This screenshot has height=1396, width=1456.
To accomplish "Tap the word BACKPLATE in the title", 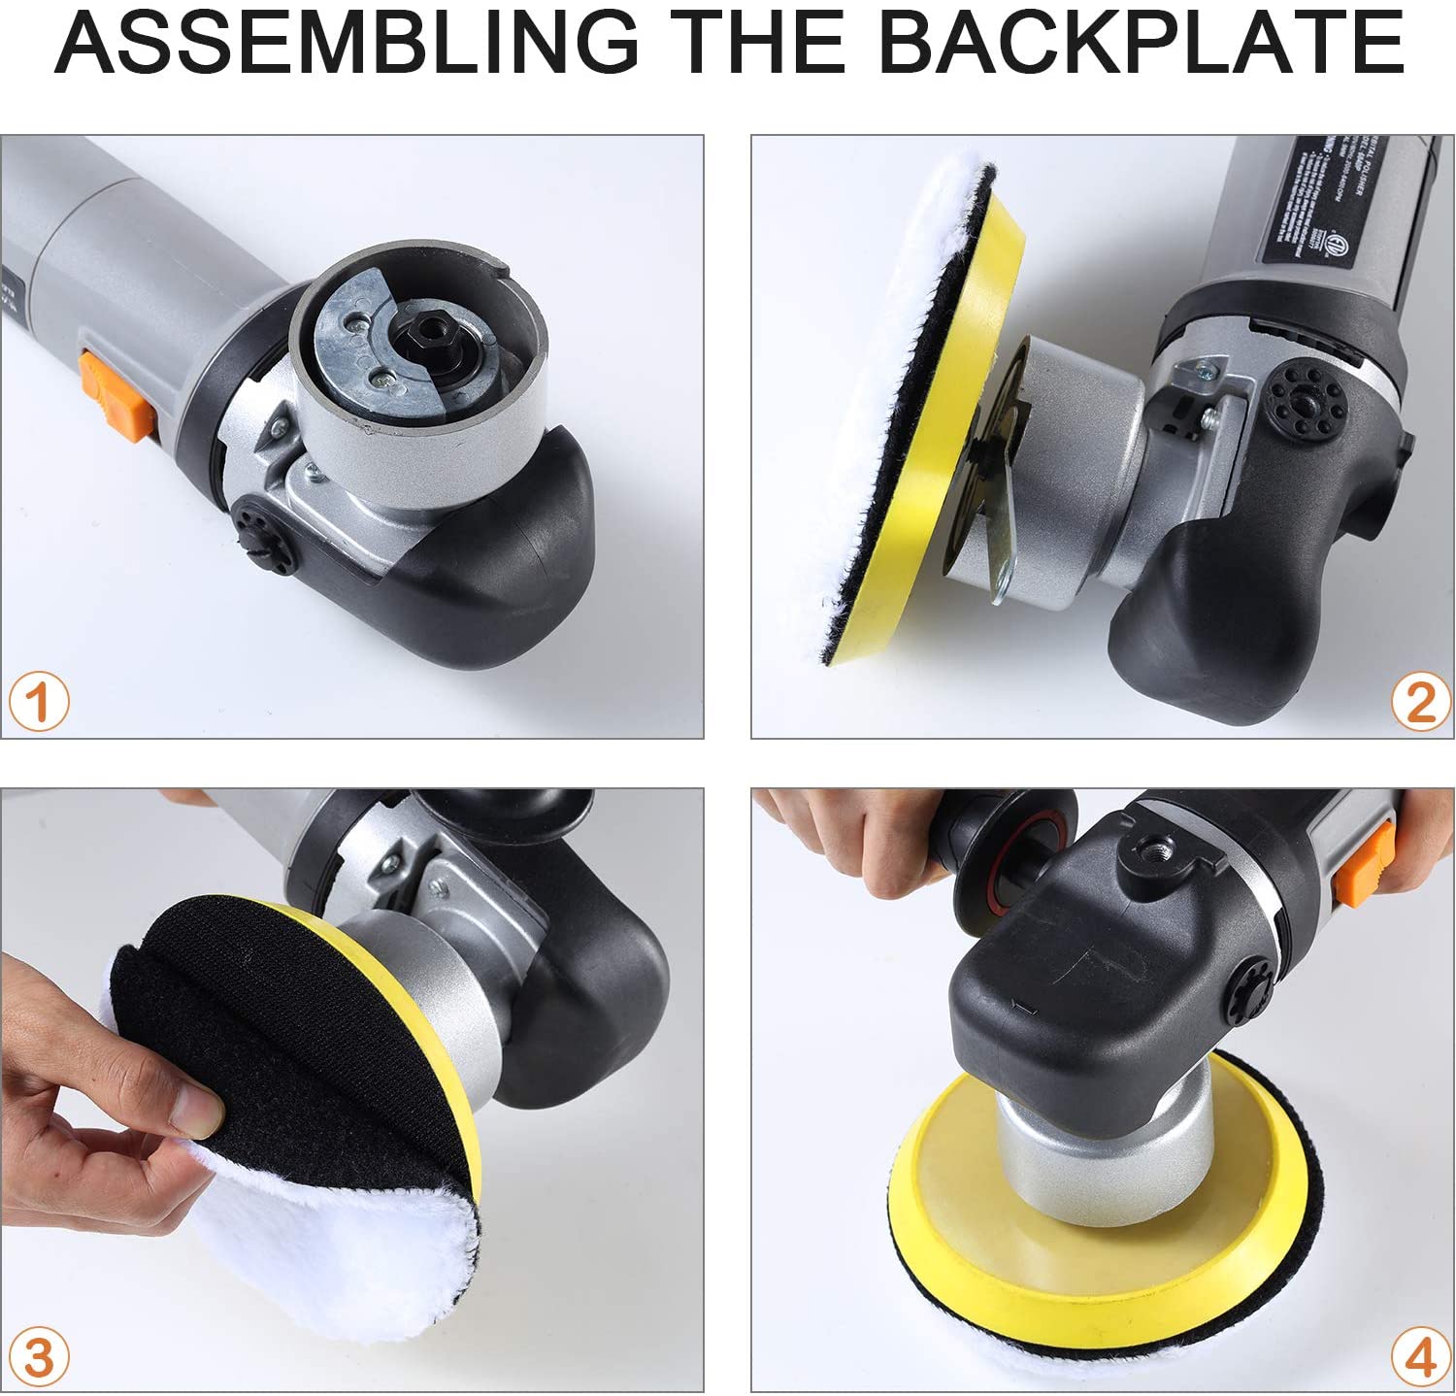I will pyautogui.click(x=1141, y=43).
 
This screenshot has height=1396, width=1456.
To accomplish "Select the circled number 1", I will pyautogui.click(x=39, y=702).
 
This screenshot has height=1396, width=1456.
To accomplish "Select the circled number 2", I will pyautogui.click(x=1419, y=701).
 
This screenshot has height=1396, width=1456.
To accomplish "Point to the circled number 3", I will pyautogui.click(x=39, y=1357).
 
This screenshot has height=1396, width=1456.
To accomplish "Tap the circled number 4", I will pyautogui.click(x=1419, y=1356).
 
